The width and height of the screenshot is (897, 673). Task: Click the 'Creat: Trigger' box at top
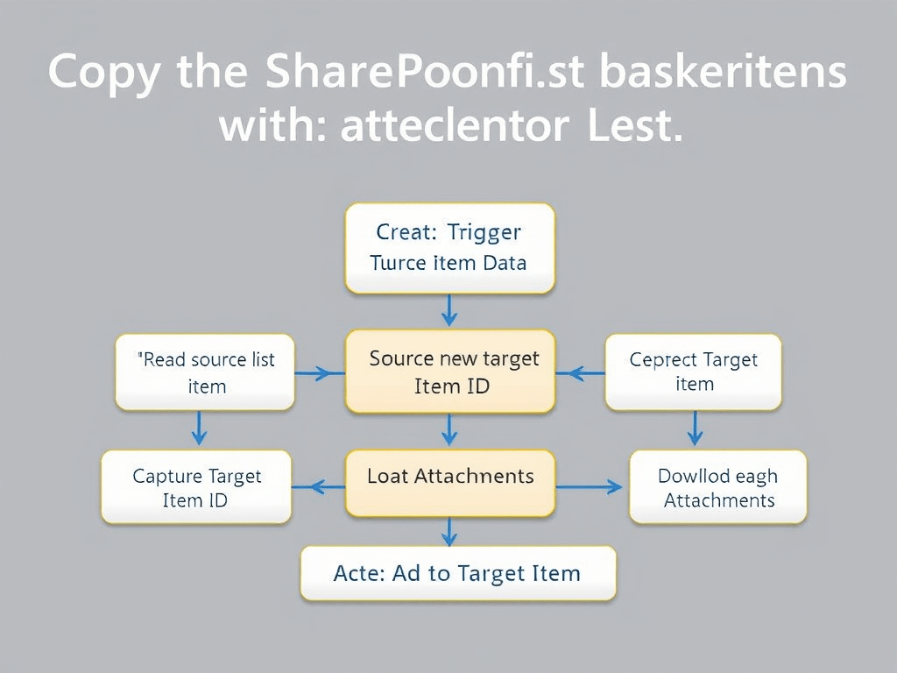[x=450, y=248]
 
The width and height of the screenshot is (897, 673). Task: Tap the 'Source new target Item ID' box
[x=450, y=372]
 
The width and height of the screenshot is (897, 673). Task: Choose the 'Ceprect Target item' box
[x=694, y=372]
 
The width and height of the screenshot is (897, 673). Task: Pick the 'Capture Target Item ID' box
[x=196, y=487]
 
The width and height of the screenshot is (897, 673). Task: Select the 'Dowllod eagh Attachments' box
[x=718, y=487]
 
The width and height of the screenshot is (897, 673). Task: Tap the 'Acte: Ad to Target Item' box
[x=457, y=574]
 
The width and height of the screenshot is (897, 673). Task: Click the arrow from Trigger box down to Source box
[x=449, y=310]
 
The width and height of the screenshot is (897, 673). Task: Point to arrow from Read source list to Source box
[x=319, y=373]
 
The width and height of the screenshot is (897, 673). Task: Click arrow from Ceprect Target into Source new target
[x=580, y=373]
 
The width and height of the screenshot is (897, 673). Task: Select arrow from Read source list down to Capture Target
[x=199, y=429]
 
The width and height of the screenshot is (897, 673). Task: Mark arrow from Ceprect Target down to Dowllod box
[x=695, y=429]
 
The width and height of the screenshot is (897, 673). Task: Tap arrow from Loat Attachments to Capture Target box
[x=319, y=486]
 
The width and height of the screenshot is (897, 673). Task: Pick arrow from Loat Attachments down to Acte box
[x=449, y=530]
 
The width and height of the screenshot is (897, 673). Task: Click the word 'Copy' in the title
[x=103, y=73]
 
